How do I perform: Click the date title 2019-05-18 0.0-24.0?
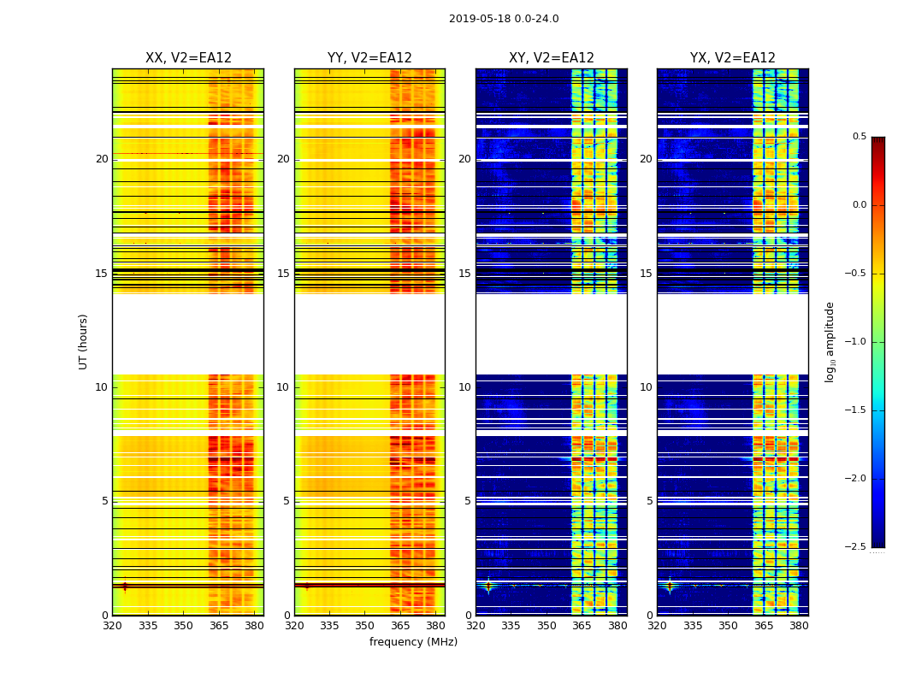click(x=504, y=19)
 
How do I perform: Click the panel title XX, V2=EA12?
click(x=188, y=58)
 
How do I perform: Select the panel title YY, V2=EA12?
click(x=369, y=58)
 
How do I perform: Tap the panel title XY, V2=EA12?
click(x=552, y=58)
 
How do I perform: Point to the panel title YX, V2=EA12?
click(x=733, y=58)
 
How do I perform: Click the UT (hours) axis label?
click(x=84, y=341)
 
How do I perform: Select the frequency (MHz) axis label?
click(x=413, y=642)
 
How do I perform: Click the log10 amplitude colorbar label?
click(x=830, y=341)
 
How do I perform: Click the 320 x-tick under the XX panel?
click(x=112, y=626)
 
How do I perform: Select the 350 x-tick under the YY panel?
click(x=365, y=626)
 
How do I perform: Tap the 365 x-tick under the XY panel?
click(x=582, y=626)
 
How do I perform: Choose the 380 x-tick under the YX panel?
click(x=799, y=626)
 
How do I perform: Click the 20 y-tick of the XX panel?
click(x=102, y=159)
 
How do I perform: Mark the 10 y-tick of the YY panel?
click(x=283, y=387)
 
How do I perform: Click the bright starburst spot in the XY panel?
click(x=488, y=586)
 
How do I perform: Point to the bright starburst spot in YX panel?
click(x=670, y=586)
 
